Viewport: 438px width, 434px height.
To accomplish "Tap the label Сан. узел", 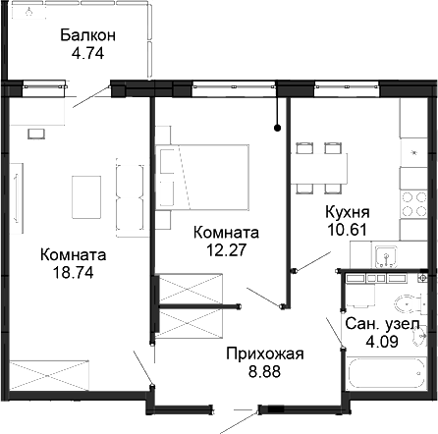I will pyautogui.click(x=383, y=324).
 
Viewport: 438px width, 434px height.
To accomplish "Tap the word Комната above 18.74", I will pyautogui.click(x=74, y=254).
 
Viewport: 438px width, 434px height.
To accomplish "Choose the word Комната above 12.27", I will pyautogui.click(x=227, y=233).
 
